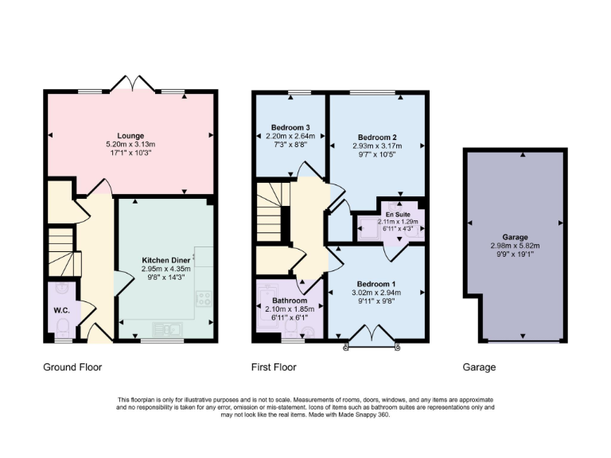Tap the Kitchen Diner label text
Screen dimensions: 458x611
click(165, 260)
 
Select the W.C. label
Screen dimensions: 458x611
click(61, 310)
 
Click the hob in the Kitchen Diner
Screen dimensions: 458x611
click(204, 300)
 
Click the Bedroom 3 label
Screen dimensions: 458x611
click(290, 127)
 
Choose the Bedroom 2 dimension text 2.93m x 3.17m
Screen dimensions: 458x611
click(377, 146)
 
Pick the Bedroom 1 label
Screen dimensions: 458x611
click(376, 284)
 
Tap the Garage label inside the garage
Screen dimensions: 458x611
click(516, 237)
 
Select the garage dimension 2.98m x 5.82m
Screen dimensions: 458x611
click(516, 246)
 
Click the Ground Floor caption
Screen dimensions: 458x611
click(72, 367)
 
